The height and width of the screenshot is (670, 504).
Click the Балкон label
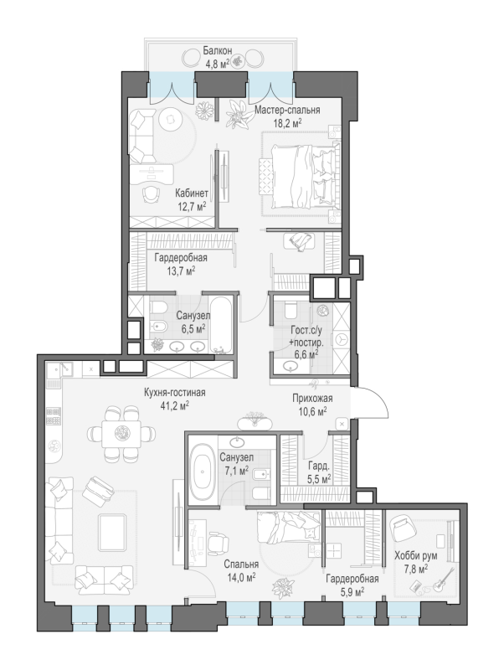click(x=217, y=51)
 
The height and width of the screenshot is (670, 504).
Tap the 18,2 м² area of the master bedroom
click(x=287, y=123)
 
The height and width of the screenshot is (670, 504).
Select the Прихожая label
click(x=312, y=399)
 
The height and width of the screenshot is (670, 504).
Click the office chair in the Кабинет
click(x=151, y=194)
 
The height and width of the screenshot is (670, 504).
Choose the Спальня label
click(x=241, y=564)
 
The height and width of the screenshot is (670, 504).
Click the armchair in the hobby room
click(x=403, y=528)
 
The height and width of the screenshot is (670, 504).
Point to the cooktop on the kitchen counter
click(x=54, y=416)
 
